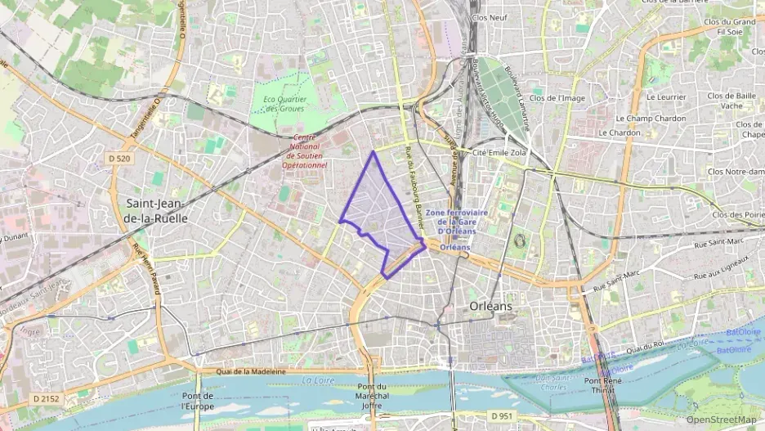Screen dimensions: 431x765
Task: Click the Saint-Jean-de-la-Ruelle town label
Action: click(154, 211)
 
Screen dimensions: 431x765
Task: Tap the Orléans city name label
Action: click(491, 305)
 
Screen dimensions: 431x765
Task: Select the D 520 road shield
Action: click(119, 158)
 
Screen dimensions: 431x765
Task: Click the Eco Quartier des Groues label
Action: click(284, 104)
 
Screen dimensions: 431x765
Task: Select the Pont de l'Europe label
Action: click(197, 400)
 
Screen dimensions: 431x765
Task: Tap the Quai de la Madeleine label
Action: click(252, 371)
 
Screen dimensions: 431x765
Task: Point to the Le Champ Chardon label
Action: click(651, 118)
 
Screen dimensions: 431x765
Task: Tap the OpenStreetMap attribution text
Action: click(721, 420)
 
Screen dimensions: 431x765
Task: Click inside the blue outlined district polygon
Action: click(380, 213)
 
